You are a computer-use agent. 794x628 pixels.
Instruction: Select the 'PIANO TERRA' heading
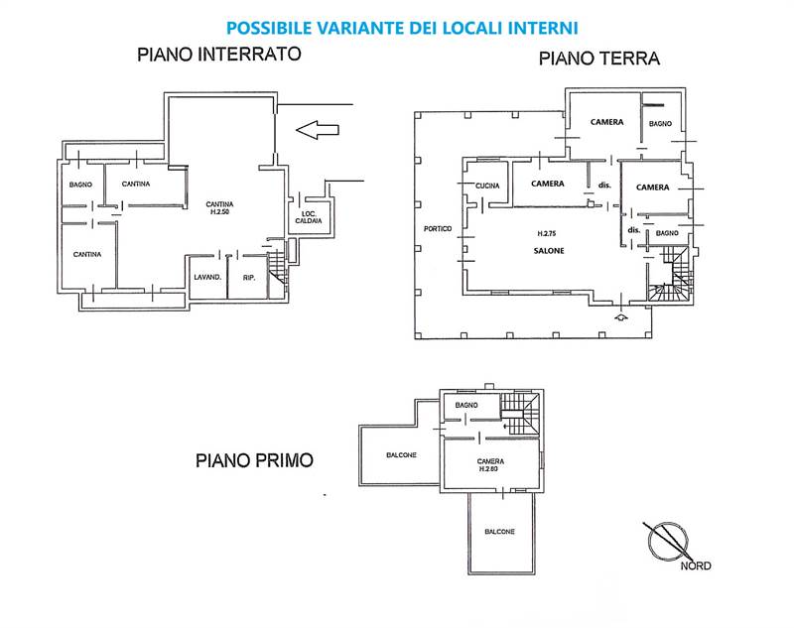[599, 59]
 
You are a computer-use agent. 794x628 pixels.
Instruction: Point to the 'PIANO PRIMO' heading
[254, 460]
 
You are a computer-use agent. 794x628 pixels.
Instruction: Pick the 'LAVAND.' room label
[206, 278]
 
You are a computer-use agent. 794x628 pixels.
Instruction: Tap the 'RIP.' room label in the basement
[249, 278]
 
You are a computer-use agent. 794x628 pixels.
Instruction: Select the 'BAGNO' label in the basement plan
[80, 185]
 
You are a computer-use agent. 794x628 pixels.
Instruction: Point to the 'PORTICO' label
[437, 229]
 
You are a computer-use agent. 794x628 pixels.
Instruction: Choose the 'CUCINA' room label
[486, 187]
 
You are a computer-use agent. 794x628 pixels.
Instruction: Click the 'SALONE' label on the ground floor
[547, 251]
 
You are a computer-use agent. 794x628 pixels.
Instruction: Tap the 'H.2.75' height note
[546, 234]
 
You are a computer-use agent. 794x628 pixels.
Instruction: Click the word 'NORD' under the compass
[695, 566]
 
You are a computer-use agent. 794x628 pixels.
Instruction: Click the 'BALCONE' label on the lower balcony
[499, 532]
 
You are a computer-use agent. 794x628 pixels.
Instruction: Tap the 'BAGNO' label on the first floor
[466, 406]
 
